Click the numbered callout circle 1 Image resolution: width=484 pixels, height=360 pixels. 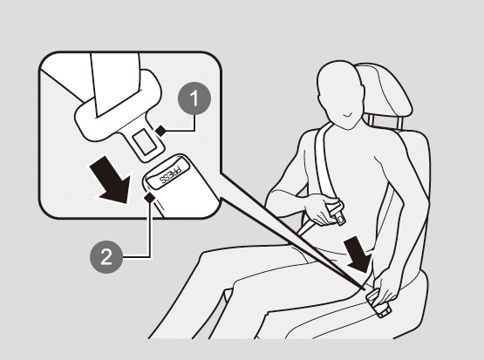tap(194, 98)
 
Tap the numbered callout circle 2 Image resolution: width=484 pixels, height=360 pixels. tap(106, 257)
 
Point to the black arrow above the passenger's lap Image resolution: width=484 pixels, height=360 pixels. tap(358, 255)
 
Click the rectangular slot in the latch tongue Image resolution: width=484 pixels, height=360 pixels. tap(145, 141)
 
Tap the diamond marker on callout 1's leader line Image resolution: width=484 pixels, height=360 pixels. tap(160, 131)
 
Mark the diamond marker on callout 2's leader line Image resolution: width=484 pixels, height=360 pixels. tap(150, 197)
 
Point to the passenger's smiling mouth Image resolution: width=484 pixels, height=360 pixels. tap(348, 115)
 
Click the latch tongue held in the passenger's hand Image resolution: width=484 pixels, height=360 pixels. tap(337, 213)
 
